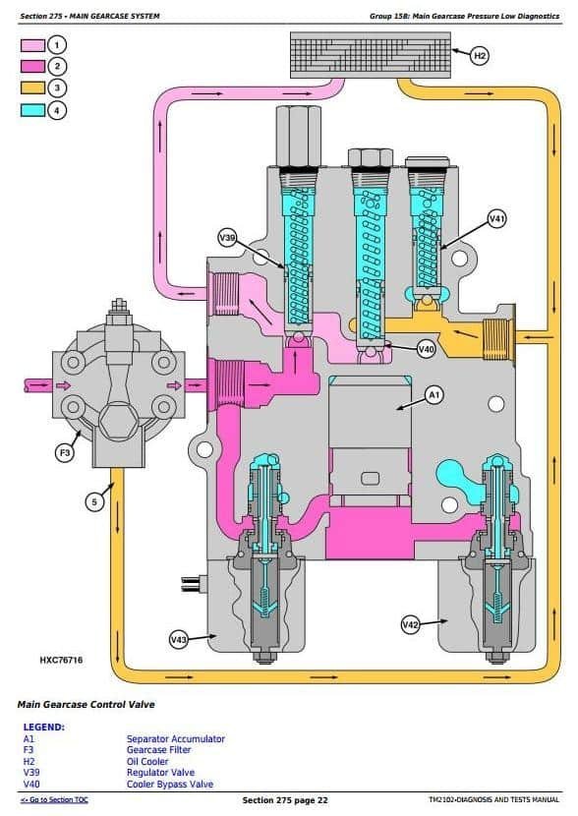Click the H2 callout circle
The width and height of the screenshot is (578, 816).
click(x=479, y=55)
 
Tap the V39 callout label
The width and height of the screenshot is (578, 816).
click(x=227, y=238)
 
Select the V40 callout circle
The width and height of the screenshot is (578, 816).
click(x=426, y=349)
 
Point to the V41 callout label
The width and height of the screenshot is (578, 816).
click(x=496, y=219)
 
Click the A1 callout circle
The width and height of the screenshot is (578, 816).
click(x=433, y=395)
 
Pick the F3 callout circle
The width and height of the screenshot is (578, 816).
click(x=65, y=453)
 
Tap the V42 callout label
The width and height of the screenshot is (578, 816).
click(x=410, y=624)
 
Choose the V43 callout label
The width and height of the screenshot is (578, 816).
click(x=179, y=640)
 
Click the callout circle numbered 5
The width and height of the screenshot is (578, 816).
click(x=94, y=502)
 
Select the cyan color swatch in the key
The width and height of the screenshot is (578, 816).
click(x=32, y=110)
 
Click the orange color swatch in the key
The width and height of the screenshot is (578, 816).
click(x=32, y=87)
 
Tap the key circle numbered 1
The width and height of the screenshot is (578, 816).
click(x=57, y=45)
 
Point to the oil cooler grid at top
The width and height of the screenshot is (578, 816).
click(x=371, y=55)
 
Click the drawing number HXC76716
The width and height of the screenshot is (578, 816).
click(x=61, y=660)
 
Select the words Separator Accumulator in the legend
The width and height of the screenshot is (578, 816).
click(x=176, y=738)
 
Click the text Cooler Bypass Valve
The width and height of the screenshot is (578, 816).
click(x=170, y=784)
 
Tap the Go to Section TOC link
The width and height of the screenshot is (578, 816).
click(x=54, y=800)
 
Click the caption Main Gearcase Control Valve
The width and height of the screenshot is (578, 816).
click(x=87, y=704)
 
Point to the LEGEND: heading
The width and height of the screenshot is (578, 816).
click(x=44, y=727)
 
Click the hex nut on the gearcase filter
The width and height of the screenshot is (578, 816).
click(x=119, y=421)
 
